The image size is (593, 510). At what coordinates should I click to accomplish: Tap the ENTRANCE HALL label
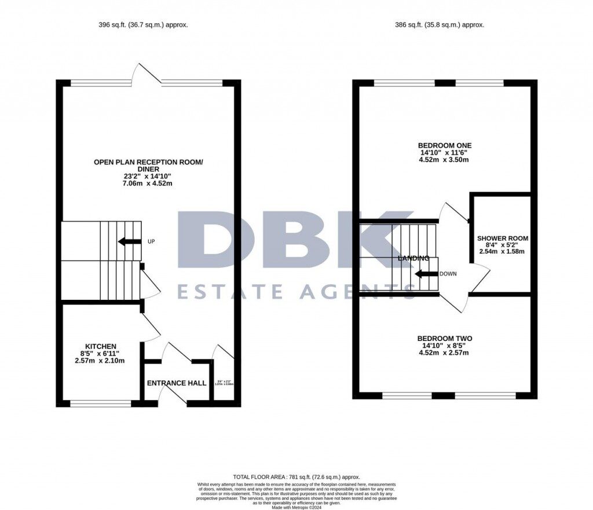point(177,383)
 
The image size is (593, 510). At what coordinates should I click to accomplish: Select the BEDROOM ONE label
point(445,145)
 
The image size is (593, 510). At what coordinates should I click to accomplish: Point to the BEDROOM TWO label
point(445,339)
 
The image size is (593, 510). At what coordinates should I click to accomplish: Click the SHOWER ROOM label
point(502,238)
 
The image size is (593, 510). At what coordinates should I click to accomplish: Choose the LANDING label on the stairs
point(413,258)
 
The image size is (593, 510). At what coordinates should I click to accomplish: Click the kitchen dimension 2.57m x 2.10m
point(100,361)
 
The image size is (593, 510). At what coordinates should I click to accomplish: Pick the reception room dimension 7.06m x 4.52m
point(148,184)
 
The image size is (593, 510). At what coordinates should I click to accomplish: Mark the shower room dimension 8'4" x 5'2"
point(502,245)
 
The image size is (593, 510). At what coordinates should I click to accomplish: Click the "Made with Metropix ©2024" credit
point(296,507)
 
